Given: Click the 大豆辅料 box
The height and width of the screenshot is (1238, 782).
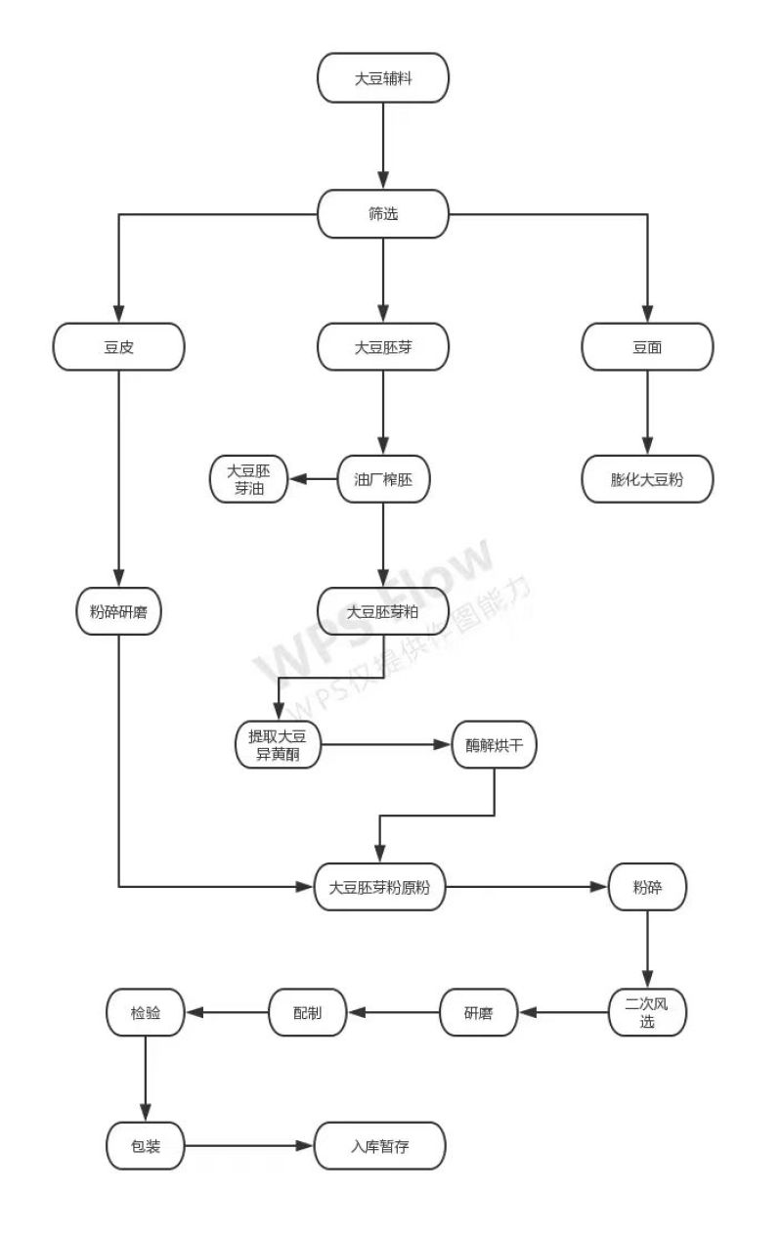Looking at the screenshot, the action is click(x=382, y=78).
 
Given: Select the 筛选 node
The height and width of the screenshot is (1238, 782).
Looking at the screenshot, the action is click(x=382, y=214).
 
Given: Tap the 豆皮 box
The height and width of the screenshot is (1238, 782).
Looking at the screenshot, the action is click(x=119, y=347).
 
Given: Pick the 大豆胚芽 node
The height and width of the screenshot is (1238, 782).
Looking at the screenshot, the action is click(x=382, y=347).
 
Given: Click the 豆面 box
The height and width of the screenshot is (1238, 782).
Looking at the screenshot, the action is click(x=647, y=347).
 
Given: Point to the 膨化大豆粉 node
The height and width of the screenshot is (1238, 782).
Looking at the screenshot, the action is click(x=647, y=479).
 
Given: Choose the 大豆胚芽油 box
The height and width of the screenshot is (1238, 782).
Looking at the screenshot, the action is click(x=248, y=479).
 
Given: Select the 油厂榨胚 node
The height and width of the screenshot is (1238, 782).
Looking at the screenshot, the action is click(x=383, y=479).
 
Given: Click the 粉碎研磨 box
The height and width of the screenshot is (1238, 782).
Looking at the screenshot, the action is click(x=119, y=611).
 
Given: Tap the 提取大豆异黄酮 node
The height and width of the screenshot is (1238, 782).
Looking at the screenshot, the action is click(x=278, y=744).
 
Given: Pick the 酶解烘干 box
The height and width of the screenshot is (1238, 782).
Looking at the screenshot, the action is click(x=494, y=744).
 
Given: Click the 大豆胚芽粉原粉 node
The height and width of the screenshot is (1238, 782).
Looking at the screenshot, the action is click(x=379, y=887).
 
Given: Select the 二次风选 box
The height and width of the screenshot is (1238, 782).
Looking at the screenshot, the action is click(x=647, y=1012).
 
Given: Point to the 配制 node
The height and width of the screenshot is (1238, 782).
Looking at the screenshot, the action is click(x=307, y=1012).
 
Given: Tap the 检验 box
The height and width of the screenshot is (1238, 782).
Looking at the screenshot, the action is click(x=146, y=1012).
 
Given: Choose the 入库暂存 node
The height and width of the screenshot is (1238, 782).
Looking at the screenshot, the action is click(x=379, y=1146).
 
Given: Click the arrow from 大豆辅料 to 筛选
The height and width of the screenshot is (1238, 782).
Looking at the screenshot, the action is click(x=383, y=146).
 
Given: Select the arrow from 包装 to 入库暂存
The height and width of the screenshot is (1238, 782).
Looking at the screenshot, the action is click(x=249, y=1146).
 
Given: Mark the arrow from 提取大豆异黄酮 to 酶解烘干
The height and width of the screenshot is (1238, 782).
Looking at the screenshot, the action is click(x=386, y=744).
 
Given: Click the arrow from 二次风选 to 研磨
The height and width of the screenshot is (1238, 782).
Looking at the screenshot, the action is click(x=563, y=1012).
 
